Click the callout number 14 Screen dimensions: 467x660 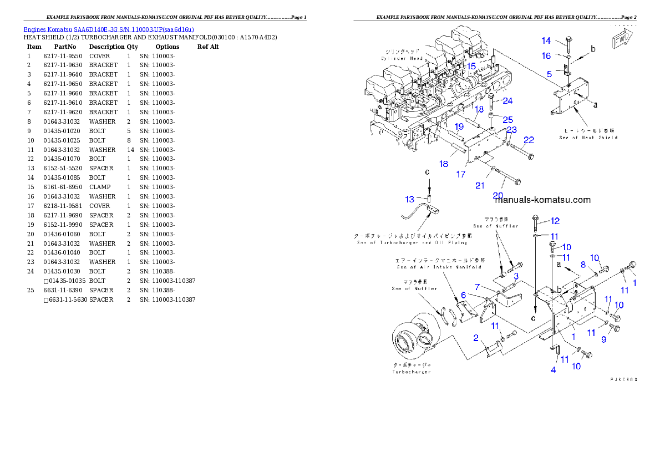pos(546,40)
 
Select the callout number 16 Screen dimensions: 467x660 pos(546,55)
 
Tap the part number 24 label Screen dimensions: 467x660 pos(507,101)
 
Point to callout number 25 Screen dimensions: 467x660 pos(507,120)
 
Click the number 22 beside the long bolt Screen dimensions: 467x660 pos(529,140)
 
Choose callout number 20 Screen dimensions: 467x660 pos(497,195)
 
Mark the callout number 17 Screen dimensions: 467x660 pos(461,174)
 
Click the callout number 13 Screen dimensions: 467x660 pos(409,199)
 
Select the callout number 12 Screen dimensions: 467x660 pos(555,221)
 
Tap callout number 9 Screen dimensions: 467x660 pos(603,340)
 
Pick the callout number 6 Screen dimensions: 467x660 pos(463,295)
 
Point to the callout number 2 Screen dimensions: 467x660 pos(476,338)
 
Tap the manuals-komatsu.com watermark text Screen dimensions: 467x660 pos(542,200)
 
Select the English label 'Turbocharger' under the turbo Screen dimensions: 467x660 pos(411,372)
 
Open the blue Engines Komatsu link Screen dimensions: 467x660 pos(109,29)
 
